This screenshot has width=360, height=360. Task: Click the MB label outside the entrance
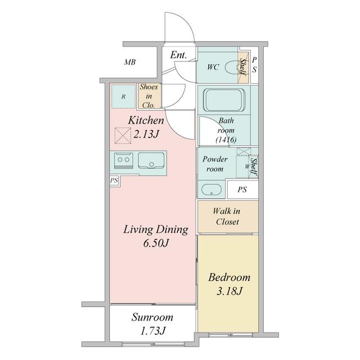click(130, 62)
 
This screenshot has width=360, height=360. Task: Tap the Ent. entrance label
click(178, 55)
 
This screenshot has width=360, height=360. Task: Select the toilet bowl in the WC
click(232, 67)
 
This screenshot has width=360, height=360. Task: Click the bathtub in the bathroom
click(225, 100)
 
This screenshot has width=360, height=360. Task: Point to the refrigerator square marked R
click(123, 96)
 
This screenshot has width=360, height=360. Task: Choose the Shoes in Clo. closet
click(148, 96)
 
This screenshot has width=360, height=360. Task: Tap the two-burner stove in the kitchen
click(124, 160)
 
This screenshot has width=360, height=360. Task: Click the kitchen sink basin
click(151, 160)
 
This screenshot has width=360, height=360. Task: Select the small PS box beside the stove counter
click(114, 181)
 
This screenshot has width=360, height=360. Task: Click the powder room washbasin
click(211, 190)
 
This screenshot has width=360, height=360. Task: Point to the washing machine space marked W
click(246, 166)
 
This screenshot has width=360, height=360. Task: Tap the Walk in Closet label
click(227, 216)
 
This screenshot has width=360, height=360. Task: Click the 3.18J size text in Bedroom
click(229, 291)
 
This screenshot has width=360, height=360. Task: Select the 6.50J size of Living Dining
click(156, 243)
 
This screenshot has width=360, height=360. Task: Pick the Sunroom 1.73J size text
click(152, 331)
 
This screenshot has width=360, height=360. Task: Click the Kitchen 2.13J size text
click(146, 134)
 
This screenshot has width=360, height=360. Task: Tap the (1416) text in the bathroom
click(226, 139)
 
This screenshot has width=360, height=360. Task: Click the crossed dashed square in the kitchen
click(123, 136)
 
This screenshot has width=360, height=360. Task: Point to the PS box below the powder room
click(242, 190)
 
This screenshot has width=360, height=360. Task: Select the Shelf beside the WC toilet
click(243, 67)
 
